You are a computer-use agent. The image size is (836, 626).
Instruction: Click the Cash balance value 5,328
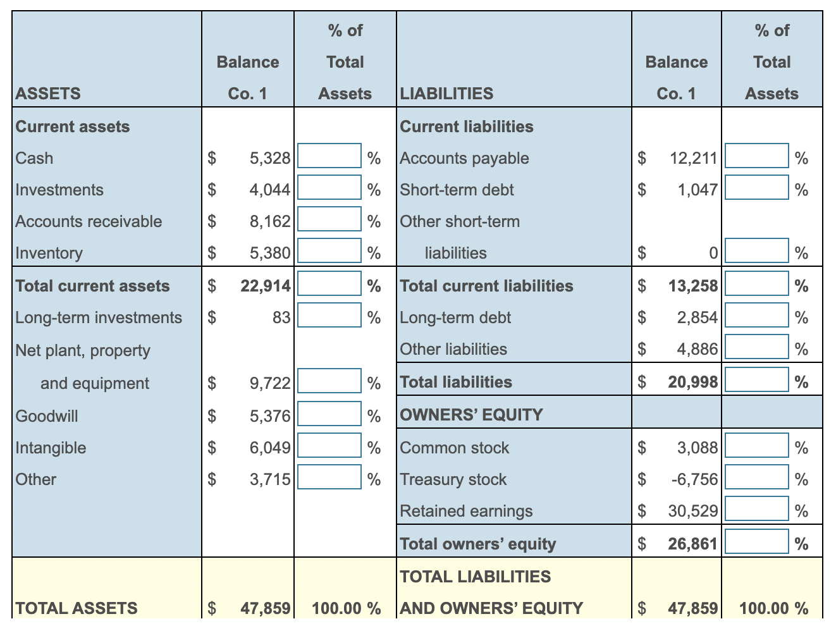click(x=270, y=158)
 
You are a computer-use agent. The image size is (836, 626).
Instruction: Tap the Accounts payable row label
click(x=464, y=158)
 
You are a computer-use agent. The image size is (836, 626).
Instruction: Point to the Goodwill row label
click(x=47, y=416)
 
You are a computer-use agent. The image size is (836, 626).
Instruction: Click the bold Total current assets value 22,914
click(x=266, y=286)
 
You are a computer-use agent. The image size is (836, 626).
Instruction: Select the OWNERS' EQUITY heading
click(x=471, y=415)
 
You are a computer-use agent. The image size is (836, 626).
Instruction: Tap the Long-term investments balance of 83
click(x=281, y=317)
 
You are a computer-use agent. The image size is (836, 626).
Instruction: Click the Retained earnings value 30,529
click(x=693, y=511)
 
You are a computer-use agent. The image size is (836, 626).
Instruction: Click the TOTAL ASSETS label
click(x=77, y=608)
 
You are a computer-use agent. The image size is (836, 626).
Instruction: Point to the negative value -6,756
click(x=694, y=479)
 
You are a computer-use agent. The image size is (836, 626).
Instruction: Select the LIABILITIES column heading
click(x=446, y=94)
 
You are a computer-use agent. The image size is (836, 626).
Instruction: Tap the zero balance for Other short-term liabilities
click(x=713, y=253)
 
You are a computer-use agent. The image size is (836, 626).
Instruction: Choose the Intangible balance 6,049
click(x=270, y=448)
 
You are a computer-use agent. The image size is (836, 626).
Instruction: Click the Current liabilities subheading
click(x=467, y=126)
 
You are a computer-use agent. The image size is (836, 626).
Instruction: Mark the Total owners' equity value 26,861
click(x=693, y=544)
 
